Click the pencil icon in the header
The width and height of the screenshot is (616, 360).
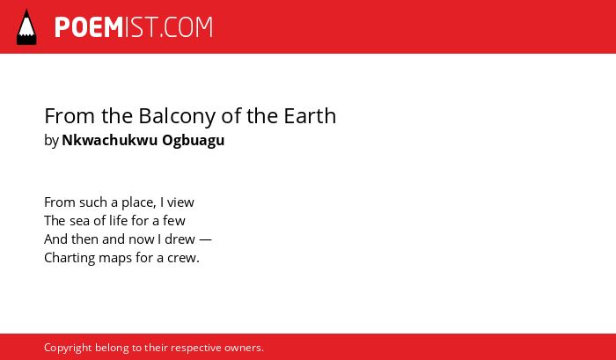click(26, 26)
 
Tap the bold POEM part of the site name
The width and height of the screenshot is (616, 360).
click(89, 27)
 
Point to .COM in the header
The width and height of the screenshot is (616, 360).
click(186, 27)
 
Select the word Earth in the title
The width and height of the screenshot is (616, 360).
click(310, 116)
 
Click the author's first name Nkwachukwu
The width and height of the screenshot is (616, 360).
click(110, 140)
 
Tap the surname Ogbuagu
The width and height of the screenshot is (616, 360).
click(194, 141)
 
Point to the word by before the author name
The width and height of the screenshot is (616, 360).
click(51, 141)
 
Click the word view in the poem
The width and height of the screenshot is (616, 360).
click(180, 202)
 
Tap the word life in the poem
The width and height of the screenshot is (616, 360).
click(118, 220)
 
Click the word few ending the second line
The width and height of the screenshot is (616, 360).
click(174, 220)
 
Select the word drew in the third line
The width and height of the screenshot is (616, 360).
click(180, 239)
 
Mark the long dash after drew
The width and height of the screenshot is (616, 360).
click(205, 239)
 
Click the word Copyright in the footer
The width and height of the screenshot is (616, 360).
click(68, 349)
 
